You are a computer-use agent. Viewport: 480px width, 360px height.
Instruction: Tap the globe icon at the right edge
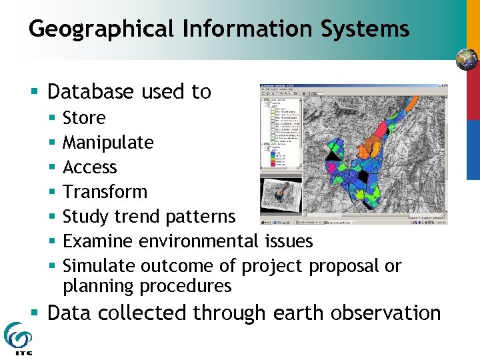467,60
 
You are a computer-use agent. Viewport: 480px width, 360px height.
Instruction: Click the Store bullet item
84,118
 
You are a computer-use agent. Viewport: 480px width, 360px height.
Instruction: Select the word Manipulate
108,143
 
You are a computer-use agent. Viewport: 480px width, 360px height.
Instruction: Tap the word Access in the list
89,167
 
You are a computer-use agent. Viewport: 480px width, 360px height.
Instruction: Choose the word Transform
105,192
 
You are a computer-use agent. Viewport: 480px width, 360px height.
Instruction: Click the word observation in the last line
383,313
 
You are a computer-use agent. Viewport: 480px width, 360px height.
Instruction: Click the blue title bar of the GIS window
353,87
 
